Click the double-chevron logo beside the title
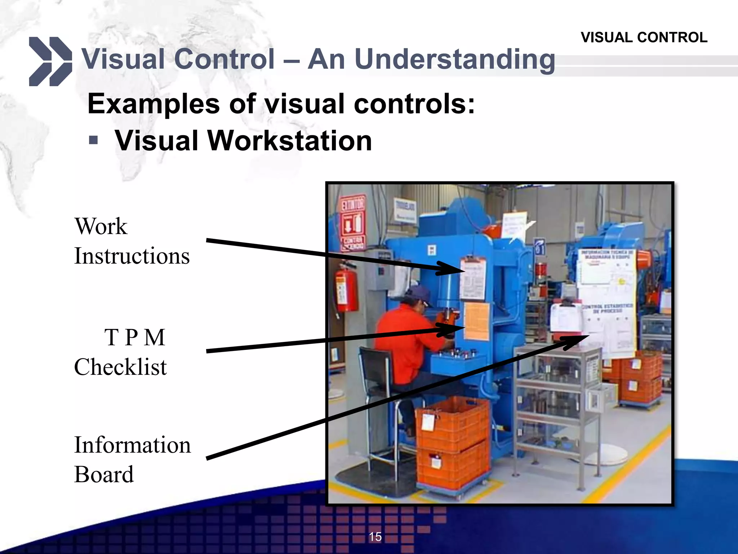point(50,61)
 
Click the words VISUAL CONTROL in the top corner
point(644,38)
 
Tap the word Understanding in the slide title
point(455,60)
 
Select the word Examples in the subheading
point(154,104)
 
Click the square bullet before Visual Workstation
point(93,140)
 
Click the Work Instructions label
point(132,241)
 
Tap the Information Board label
point(132,459)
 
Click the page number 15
point(375,537)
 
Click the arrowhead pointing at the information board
point(577,341)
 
